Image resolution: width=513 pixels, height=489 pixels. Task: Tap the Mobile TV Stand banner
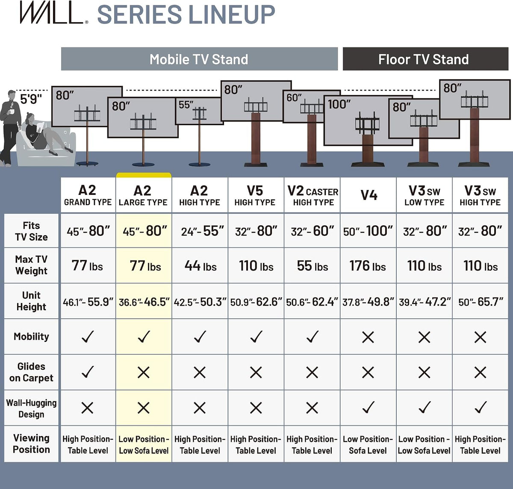pyautogui.click(x=199, y=59)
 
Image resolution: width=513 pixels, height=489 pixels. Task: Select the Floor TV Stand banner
pyautogui.click(x=426, y=59)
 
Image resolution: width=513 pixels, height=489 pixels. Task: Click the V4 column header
pyautogui.click(x=369, y=195)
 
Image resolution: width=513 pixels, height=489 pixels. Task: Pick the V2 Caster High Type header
pyautogui.click(x=313, y=195)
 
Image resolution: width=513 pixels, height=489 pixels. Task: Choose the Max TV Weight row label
pyautogui.click(x=31, y=265)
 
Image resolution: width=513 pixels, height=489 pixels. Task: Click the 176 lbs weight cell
pyautogui.click(x=368, y=265)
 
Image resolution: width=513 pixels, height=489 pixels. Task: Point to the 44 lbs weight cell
pyautogui.click(x=200, y=265)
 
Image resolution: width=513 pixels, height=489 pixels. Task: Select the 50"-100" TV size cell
pyautogui.click(x=368, y=231)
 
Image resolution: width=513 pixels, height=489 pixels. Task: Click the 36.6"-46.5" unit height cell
pyautogui.click(x=144, y=302)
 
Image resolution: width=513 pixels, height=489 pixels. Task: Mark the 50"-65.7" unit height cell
pyautogui.click(x=481, y=302)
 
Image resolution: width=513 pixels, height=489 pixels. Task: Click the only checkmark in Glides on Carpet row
pyautogui.click(x=88, y=372)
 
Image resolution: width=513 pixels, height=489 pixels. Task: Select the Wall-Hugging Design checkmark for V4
pyautogui.click(x=369, y=407)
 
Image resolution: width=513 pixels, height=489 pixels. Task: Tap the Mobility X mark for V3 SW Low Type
pyautogui.click(x=424, y=337)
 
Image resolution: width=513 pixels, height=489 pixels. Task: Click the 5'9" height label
pyautogui.click(x=31, y=99)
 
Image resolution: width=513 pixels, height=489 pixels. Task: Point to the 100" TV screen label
pyautogui.click(x=339, y=104)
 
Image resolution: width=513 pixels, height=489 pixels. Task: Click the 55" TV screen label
pyautogui.click(x=186, y=105)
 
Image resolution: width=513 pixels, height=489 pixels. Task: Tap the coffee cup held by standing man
pyautogui.click(x=11, y=112)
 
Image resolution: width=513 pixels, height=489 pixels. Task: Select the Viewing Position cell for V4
pyautogui.click(x=368, y=445)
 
